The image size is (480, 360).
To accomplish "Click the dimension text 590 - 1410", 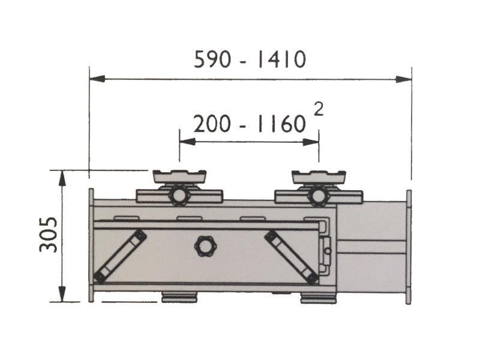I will coord(250,59).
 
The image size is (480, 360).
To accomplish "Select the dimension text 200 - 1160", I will coord(249,124).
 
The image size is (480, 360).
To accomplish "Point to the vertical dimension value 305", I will coord(49,234).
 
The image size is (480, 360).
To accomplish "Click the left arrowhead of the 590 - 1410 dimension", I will coord(97,79).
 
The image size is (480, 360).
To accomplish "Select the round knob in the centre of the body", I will coord(204,245).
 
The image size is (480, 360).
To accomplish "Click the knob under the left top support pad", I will coord(179,196).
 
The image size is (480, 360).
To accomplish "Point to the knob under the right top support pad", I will coord(318,196).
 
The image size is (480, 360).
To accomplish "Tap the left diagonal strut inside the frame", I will coord(120,257).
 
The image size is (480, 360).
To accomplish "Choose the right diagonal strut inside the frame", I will coord(292,257).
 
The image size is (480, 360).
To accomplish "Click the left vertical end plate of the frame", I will coord(91,246).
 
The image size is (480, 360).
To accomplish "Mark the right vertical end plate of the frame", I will coord(409,246).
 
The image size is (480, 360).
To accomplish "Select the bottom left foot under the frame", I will coord(180,297).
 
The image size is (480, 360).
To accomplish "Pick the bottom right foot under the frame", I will coord(319,298).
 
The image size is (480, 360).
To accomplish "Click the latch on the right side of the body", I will coord(326,246).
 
